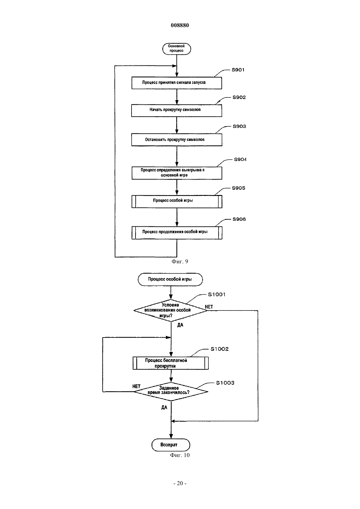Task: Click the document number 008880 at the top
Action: (180, 25)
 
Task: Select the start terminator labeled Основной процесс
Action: (177, 49)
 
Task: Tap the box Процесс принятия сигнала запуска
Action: (177, 83)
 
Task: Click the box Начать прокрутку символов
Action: (177, 111)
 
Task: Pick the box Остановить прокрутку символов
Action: (177, 140)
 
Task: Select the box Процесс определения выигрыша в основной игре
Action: (177, 173)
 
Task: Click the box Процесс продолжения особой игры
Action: (177, 233)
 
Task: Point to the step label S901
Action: (238, 70)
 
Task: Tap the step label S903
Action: (239, 126)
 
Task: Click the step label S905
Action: (239, 188)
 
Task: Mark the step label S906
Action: (239, 219)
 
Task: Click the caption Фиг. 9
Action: (180, 262)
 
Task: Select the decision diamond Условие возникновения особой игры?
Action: (171, 310)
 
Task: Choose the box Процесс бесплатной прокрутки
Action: (171, 363)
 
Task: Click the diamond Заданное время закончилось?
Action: (171, 392)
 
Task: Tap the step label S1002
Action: (220, 349)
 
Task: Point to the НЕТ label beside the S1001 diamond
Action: (209, 307)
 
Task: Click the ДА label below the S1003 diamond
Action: (164, 408)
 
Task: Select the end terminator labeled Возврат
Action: (171, 445)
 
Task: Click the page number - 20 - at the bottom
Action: (180, 483)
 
